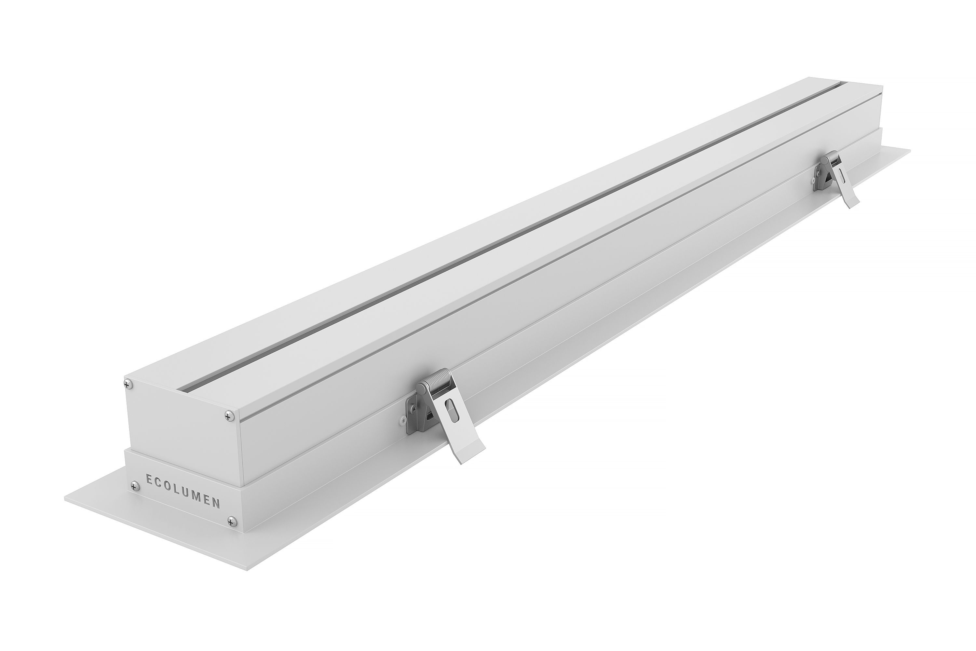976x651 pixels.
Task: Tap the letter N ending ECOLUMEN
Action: point(216,503)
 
